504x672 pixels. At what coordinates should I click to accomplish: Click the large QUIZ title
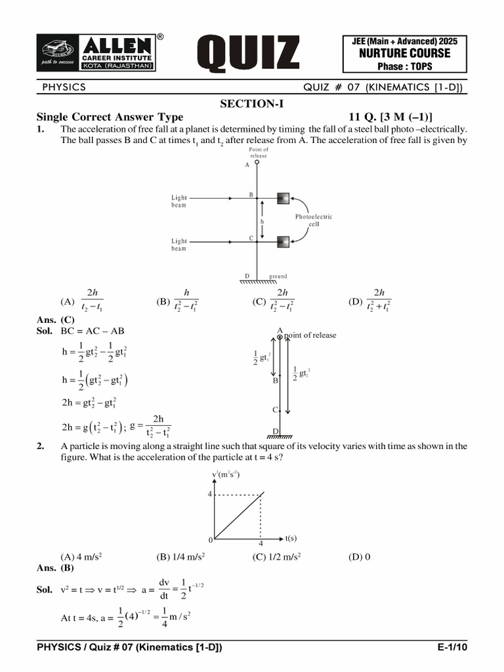(249, 54)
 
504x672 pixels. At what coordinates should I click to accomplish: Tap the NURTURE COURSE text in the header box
(404, 54)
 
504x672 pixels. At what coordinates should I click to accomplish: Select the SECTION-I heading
(252, 104)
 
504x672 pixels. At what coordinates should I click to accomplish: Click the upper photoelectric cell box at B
(283, 198)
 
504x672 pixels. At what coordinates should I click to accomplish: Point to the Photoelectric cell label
(314, 220)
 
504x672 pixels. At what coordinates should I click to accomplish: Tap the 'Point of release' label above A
(259, 153)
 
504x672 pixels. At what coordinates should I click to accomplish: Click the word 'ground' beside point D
(278, 276)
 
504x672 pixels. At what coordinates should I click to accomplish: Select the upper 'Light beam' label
(179, 201)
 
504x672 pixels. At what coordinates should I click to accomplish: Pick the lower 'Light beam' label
(179, 244)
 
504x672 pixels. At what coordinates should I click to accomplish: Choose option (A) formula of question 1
(84, 301)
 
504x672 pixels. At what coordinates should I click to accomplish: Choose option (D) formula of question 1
(371, 301)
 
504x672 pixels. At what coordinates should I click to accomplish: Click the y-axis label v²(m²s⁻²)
(226, 474)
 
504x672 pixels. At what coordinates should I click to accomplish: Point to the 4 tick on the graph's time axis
(261, 544)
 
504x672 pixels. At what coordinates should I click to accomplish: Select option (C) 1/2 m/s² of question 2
(276, 557)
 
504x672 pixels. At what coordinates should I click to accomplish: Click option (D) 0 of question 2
(360, 557)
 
